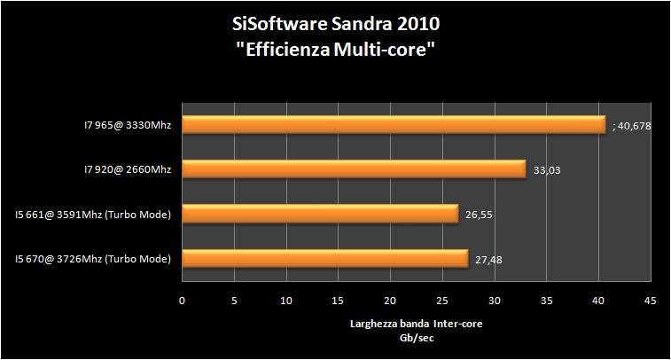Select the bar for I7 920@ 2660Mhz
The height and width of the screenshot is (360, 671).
[354, 168]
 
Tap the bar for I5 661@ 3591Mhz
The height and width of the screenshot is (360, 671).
[320, 213]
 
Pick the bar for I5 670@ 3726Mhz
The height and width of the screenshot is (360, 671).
[324, 258]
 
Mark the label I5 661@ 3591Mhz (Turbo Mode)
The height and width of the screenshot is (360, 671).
[93, 214]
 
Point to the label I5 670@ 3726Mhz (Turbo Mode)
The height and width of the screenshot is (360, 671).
[93, 258]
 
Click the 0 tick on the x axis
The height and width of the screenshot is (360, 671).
[182, 301]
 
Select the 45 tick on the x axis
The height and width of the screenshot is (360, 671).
[650, 301]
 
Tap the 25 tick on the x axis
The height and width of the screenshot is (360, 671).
[441, 301]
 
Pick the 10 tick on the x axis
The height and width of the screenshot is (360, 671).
[285, 301]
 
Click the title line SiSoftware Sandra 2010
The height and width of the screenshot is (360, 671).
[336, 24]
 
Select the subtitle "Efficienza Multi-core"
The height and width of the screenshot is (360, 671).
[336, 50]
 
